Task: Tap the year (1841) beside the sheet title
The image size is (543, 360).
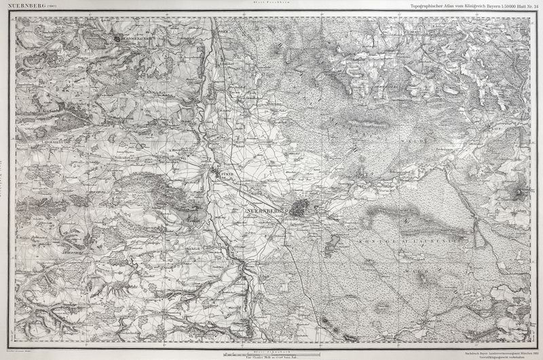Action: click(51, 5)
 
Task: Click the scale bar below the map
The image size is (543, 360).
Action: click(271, 355)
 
